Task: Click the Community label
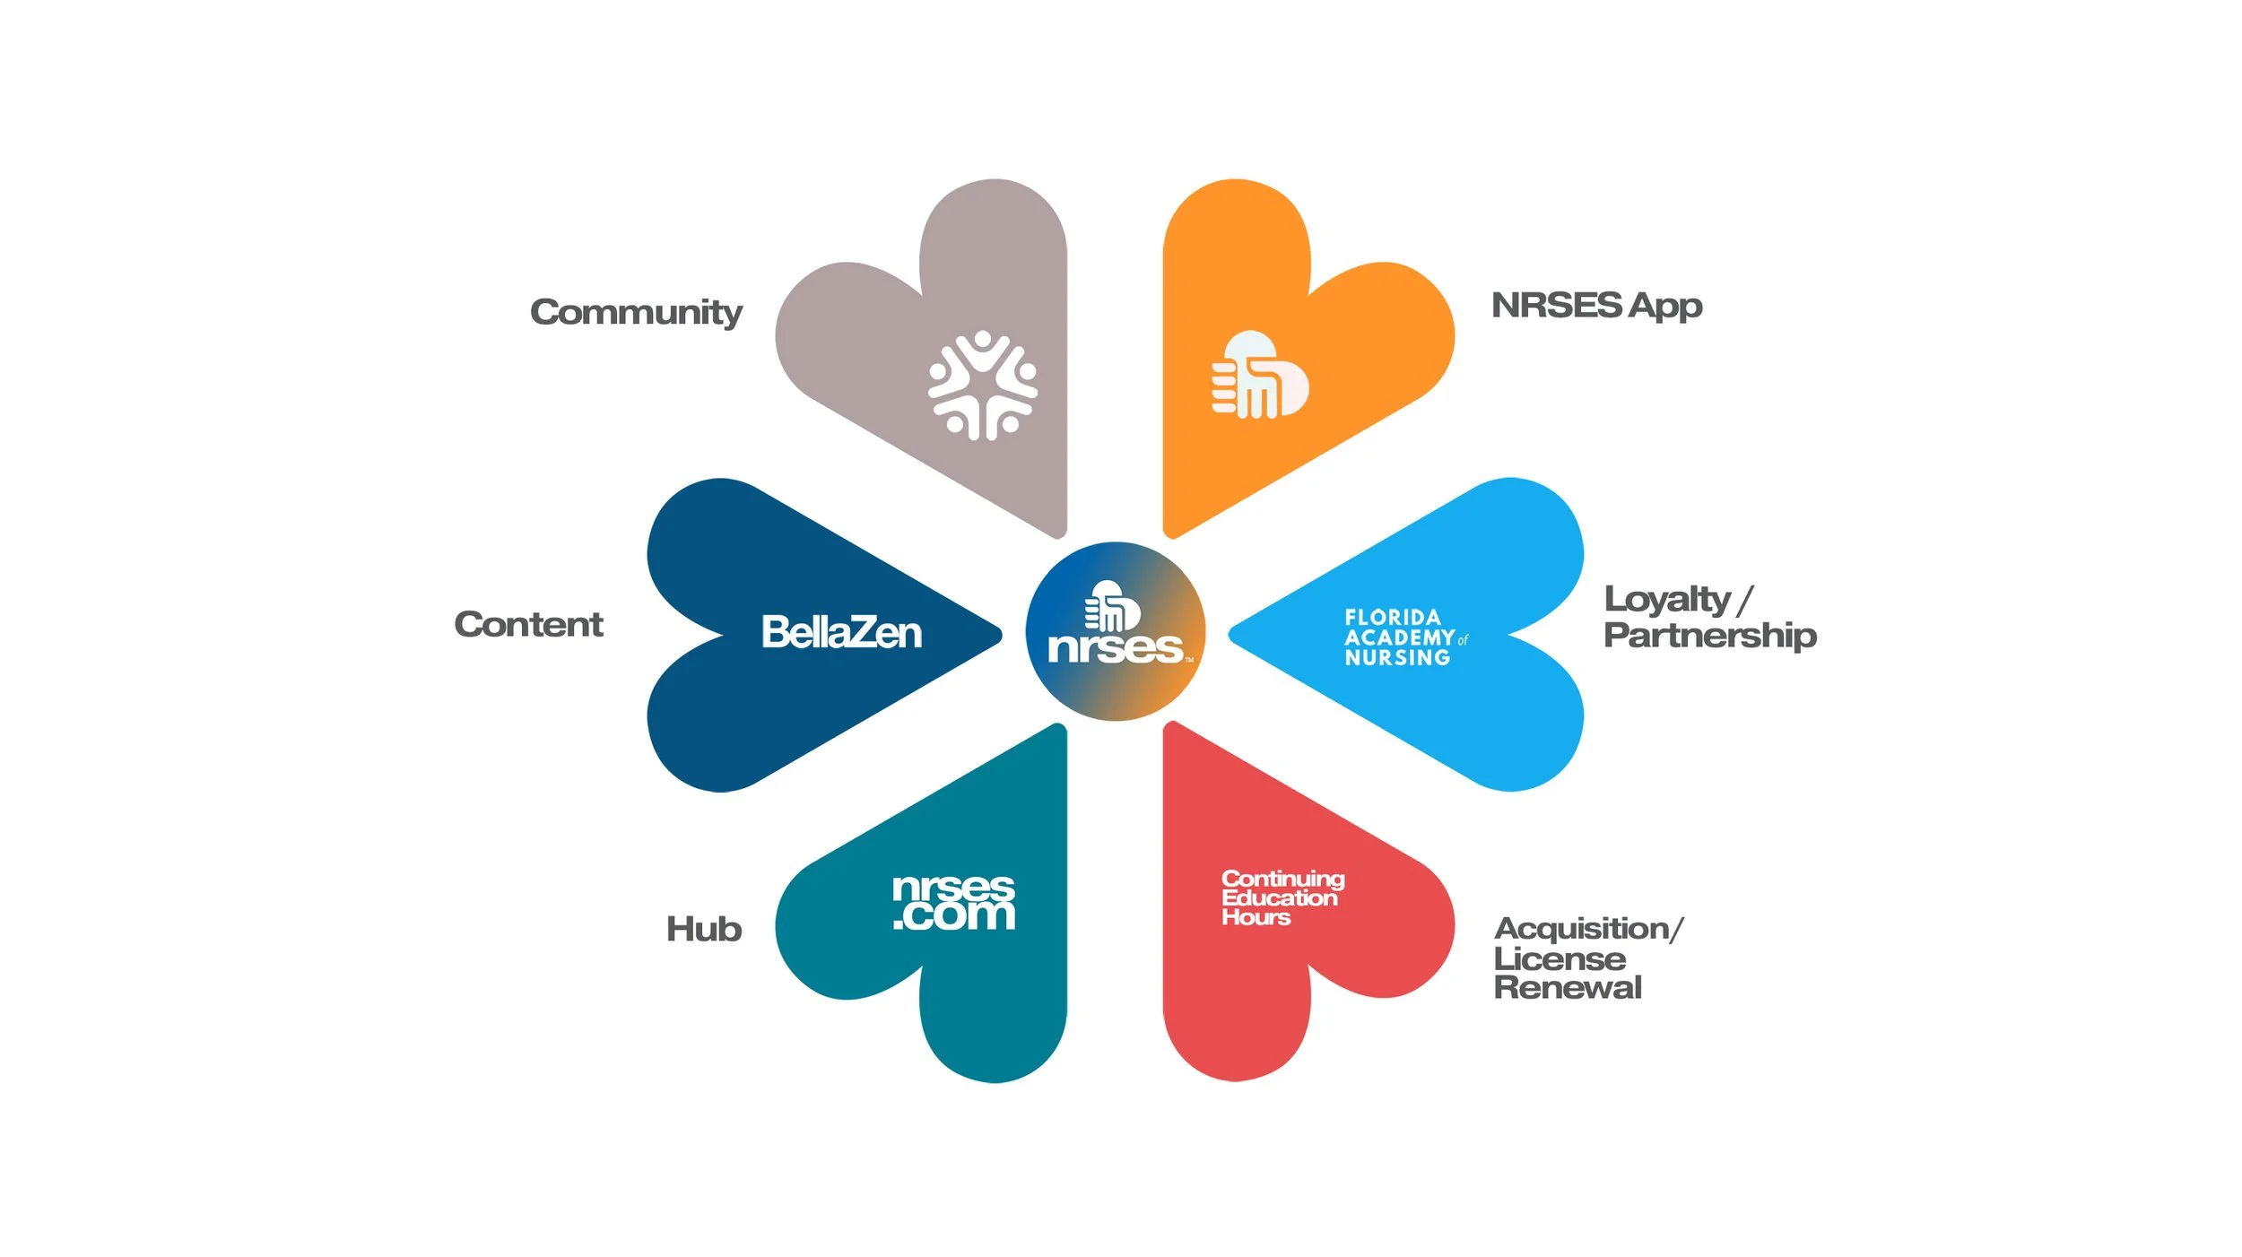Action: pyautogui.click(x=636, y=312)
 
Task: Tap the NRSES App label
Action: pyautogui.click(x=1596, y=306)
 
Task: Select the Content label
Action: pyautogui.click(x=528, y=624)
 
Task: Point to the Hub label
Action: pyautogui.click(x=704, y=929)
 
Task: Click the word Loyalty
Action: pyautogui.click(x=1667, y=600)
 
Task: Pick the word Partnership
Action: pyautogui.click(x=1710, y=636)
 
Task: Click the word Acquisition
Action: pyautogui.click(x=1581, y=928)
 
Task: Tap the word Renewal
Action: pyautogui.click(x=1568, y=987)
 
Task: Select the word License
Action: pyautogui.click(x=1560, y=958)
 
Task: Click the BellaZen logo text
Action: pyautogui.click(x=841, y=632)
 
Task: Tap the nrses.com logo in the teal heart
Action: pyautogui.click(x=953, y=902)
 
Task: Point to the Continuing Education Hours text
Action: pyautogui.click(x=1282, y=897)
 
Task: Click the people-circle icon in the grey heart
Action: pyautogui.click(x=982, y=386)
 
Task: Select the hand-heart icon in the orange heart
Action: pyautogui.click(x=1260, y=376)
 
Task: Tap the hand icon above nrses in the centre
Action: pyautogui.click(x=1112, y=606)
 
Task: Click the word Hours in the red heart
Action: pyautogui.click(x=1256, y=917)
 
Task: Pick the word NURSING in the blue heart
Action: pyautogui.click(x=1397, y=657)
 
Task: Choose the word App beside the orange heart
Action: pyautogui.click(x=1665, y=306)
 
